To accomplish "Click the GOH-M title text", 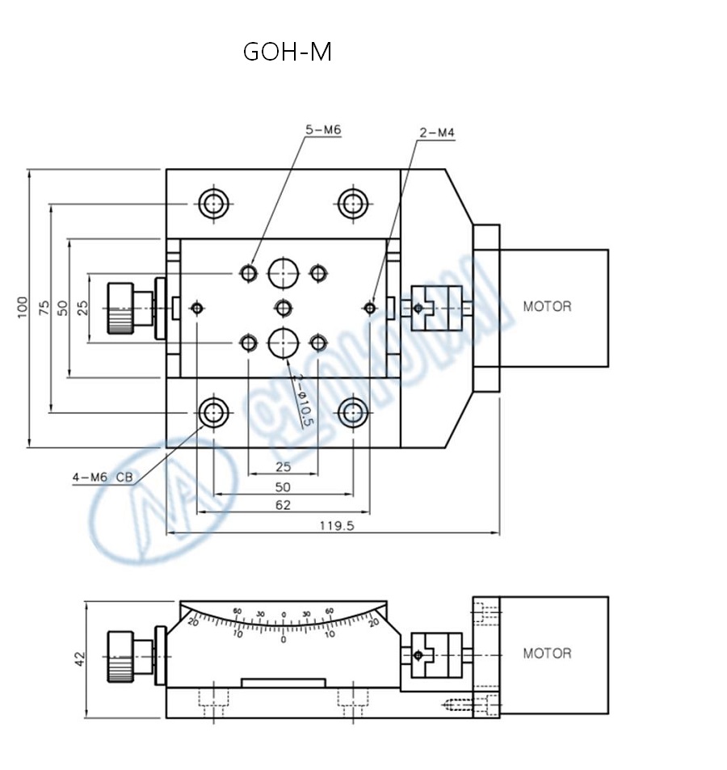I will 288,52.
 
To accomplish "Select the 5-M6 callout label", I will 322,129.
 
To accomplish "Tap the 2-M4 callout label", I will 436,133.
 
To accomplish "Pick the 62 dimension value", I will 283,505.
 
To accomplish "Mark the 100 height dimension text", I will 22,307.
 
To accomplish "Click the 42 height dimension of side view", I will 79,658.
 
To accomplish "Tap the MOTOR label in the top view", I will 547,306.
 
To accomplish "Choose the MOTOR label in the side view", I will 547,653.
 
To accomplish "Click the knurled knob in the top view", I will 120,307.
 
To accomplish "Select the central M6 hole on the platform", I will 283,308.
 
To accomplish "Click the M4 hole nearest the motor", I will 369,308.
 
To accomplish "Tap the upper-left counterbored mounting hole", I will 213,204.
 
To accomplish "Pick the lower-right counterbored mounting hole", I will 352,414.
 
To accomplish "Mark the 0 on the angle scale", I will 283,639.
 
